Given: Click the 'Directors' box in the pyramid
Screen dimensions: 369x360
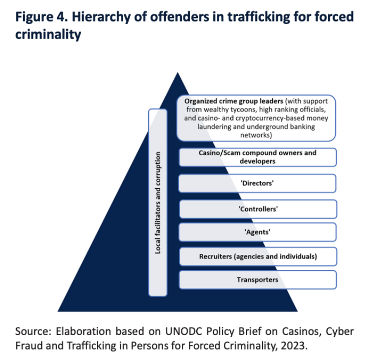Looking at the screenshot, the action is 257,183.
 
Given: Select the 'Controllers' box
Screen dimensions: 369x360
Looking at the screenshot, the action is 257,208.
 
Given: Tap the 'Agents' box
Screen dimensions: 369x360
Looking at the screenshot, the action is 257,232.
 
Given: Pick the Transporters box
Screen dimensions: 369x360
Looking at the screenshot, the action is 257,279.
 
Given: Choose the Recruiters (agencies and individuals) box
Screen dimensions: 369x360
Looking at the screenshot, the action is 257,256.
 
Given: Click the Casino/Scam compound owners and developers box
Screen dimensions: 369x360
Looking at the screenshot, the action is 257,157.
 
